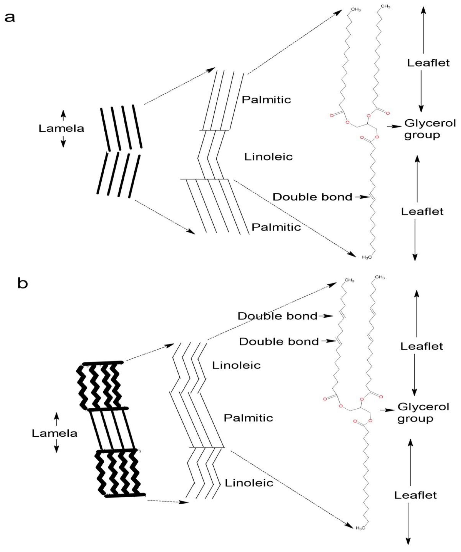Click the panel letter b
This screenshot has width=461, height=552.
point(23,284)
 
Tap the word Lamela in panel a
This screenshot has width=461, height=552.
point(61,129)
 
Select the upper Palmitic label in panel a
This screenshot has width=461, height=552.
point(266,100)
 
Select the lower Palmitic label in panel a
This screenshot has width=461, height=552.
point(276,227)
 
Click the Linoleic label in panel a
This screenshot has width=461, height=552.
point(268,157)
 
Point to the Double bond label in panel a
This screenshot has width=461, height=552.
point(312,197)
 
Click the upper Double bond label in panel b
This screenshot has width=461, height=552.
point(277,316)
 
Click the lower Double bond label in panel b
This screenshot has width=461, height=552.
point(279,342)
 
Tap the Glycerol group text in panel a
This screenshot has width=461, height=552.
point(430,129)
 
